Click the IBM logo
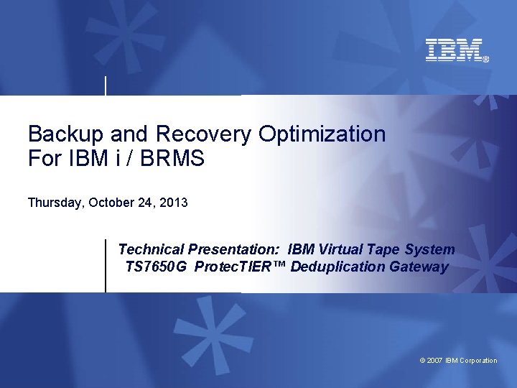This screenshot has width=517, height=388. point(454,50)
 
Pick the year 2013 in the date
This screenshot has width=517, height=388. point(174,203)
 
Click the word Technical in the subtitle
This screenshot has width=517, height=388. point(151,249)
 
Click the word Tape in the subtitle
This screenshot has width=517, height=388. point(381,249)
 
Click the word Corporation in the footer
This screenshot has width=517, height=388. point(478,361)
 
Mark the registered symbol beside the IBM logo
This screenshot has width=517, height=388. point(485,60)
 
